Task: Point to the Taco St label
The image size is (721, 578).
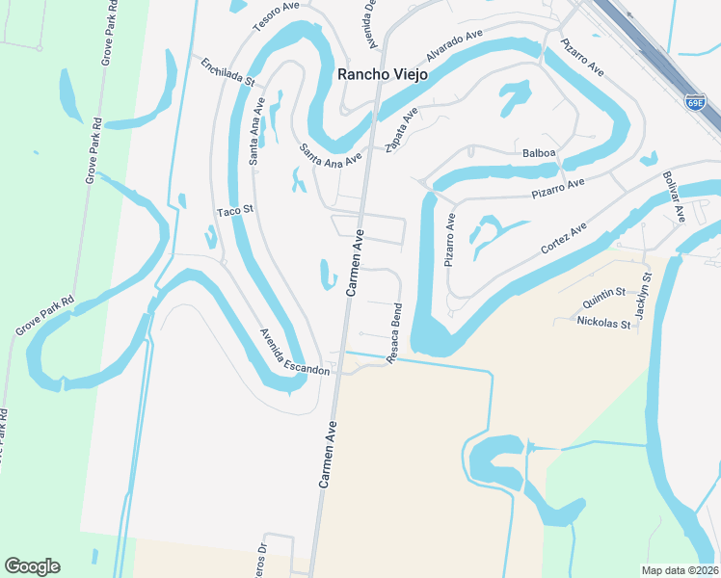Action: [x=234, y=210]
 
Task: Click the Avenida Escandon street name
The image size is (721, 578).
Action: [x=294, y=352]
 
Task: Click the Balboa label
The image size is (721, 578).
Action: [x=539, y=153]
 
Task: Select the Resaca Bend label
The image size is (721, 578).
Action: [x=394, y=332]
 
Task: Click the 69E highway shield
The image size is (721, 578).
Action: [x=694, y=101]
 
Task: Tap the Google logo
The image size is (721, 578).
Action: [x=32, y=566]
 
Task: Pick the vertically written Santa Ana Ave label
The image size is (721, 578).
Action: [x=256, y=135]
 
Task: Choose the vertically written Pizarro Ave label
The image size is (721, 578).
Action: [x=449, y=240]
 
